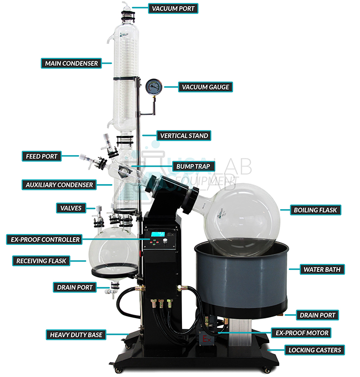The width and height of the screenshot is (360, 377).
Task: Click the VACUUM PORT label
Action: [173, 8]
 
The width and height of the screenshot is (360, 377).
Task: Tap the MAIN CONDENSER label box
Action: [71, 63]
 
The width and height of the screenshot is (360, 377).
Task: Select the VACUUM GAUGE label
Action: [206, 87]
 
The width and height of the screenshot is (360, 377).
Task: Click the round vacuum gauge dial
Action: [154, 87]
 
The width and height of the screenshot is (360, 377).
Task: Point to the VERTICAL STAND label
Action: [184, 135]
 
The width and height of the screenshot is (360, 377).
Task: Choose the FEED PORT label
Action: [42, 156]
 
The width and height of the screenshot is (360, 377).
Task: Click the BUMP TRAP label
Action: [193, 166]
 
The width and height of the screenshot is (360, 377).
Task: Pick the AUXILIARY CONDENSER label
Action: [59, 185]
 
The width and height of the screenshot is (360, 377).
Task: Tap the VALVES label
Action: [71, 208]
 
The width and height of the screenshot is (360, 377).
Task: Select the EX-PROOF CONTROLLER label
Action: [44, 240]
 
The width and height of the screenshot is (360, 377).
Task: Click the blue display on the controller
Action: [157, 234]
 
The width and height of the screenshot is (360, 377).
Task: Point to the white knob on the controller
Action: [165, 241]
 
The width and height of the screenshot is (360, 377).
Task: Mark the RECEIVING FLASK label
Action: [41, 261]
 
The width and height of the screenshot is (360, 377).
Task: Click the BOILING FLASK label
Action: [315, 210]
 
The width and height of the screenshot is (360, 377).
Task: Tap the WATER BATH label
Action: [322, 269]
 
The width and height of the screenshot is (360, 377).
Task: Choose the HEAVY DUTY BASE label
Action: [76, 335]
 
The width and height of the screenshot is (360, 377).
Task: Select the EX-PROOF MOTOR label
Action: [301, 333]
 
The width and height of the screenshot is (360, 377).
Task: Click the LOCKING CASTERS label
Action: [314, 350]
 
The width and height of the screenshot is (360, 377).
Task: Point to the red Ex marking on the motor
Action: [206, 339]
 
